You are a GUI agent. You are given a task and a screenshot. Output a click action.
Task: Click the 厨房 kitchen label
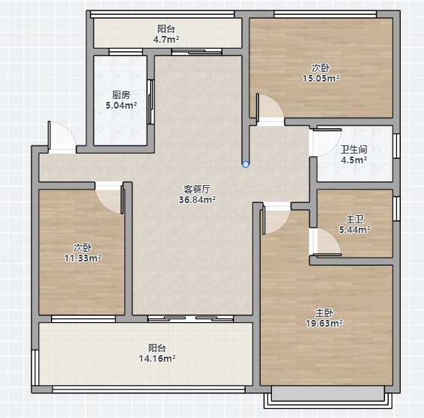[121, 95]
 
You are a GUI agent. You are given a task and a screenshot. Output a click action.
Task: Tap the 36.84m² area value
[197, 200]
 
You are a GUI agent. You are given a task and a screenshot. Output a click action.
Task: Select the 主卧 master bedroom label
[324, 313]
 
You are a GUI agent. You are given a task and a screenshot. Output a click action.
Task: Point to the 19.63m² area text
[324, 323]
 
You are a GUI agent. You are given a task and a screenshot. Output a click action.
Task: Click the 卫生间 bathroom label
[354, 150]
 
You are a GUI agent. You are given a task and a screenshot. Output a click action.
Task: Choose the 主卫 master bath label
[355, 219]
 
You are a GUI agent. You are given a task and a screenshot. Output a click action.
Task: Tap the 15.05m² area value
[321, 79]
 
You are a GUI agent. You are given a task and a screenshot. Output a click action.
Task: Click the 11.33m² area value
[83, 258]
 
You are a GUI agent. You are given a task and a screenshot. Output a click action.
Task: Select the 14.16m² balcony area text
[157, 359]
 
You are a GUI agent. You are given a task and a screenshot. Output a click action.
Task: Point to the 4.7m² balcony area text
[166, 40]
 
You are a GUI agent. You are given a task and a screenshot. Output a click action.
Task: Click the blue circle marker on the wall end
[246, 164]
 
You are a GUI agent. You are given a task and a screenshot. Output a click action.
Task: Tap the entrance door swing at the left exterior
[61, 137]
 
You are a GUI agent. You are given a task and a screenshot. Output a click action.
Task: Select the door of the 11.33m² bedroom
[109, 198]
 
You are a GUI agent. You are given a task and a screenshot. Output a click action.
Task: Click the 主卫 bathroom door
[325, 242]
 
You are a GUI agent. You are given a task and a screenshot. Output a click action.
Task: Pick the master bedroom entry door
[276, 218]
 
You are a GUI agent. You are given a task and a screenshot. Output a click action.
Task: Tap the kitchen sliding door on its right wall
[151, 102]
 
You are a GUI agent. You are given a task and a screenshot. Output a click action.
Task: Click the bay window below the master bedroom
[327, 397]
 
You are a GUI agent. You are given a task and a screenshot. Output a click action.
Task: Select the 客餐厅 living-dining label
[197, 190]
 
